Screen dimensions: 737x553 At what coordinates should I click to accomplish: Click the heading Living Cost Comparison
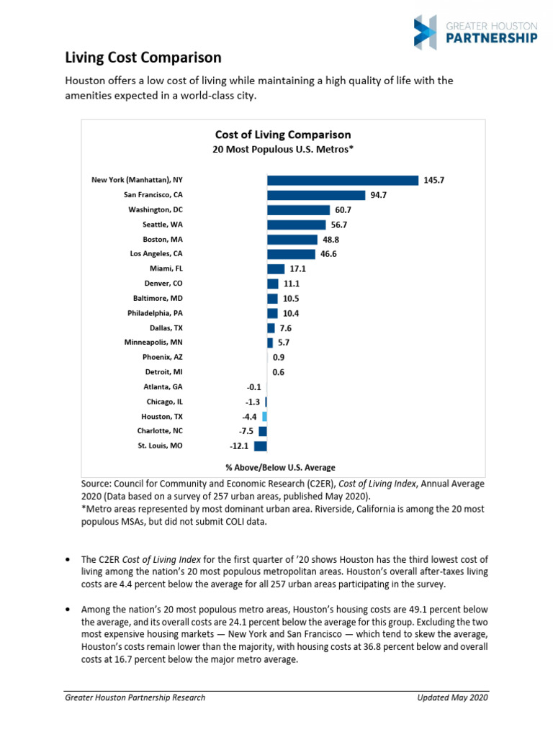[x=143, y=58]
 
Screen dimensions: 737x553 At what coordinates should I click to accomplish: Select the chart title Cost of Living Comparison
[x=284, y=135]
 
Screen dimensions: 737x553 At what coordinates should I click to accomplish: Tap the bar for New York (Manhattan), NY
[x=342, y=180]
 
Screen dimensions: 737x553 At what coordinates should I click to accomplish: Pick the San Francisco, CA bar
[x=316, y=195]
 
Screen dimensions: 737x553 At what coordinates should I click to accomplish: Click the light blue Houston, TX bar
[x=265, y=416]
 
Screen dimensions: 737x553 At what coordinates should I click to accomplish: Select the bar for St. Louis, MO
[x=261, y=446]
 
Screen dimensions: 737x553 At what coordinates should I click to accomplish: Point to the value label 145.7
[x=434, y=180]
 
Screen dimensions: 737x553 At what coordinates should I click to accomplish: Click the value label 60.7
[x=342, y=209]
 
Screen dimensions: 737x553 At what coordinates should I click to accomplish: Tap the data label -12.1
[x=240, y=446]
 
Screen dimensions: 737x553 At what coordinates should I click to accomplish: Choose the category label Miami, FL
[x=166, y=268]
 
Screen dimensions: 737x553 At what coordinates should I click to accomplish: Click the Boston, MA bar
[x=292, y=239]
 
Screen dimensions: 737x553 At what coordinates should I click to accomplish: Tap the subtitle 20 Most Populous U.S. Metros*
[x=284, y=150]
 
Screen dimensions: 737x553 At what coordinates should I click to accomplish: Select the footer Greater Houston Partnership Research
[x=135, y=697]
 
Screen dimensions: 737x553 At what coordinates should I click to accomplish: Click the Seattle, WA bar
[x=296, y=225]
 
